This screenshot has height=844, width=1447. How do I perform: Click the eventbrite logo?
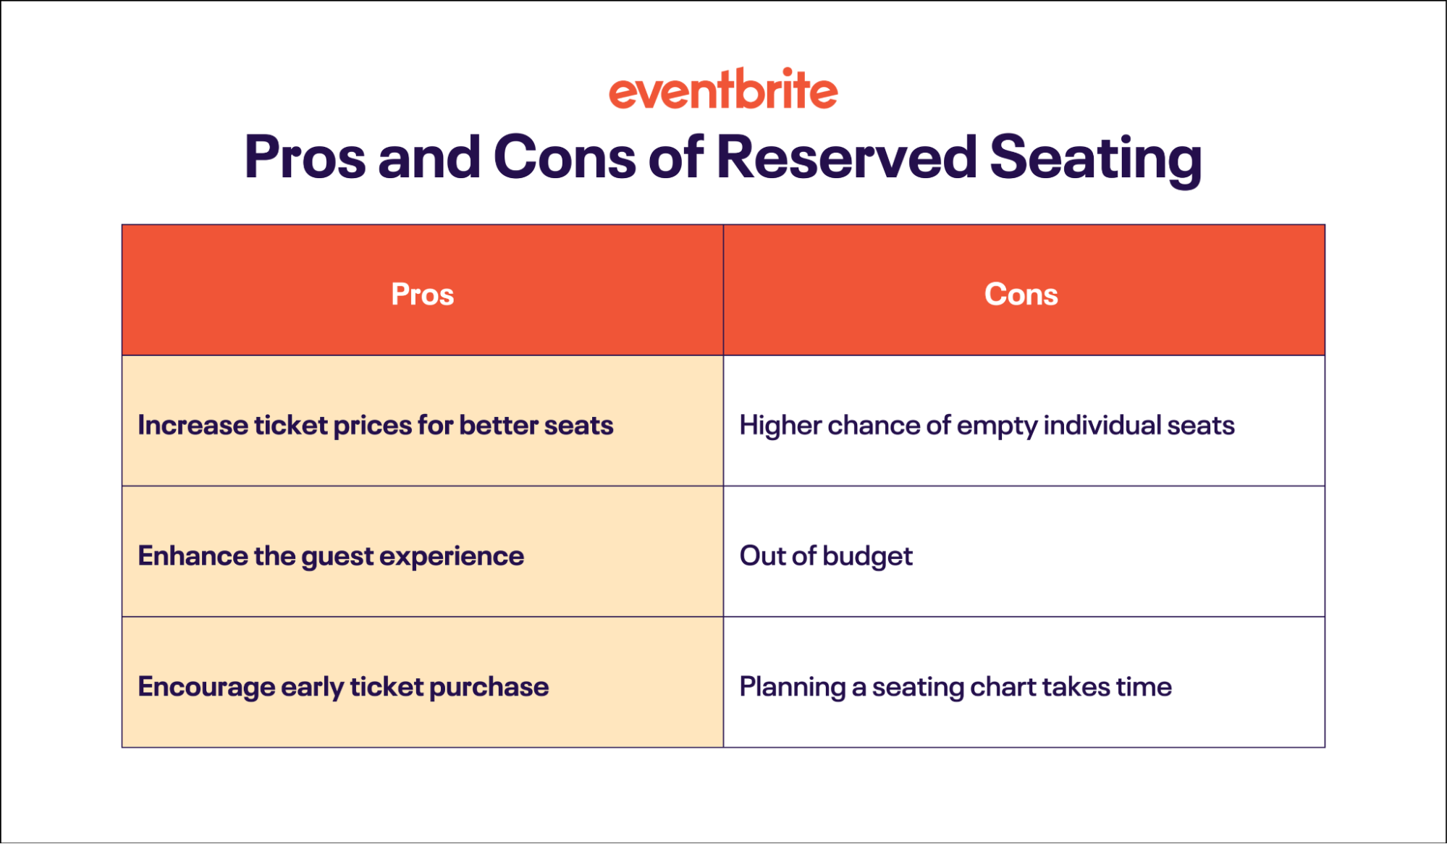pyautogui.click(x=722, y=90)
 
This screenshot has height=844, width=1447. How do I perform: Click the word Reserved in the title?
pyautogui.click(x=846, y=157)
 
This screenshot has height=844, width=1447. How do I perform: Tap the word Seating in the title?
pyautogui.click(x=1095, y=159)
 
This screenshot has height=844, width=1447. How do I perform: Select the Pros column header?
pyautogui.click(x=423, y=294)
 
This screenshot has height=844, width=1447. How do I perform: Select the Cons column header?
pyautogui.click(x=1021, y=294)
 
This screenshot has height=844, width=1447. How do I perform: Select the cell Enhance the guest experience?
pyautogui.click(x=331, y=556)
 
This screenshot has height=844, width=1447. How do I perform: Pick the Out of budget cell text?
pyautogui.click(x=826, y=556)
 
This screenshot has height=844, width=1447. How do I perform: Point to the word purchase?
pyautogui.click(x=489, y=687)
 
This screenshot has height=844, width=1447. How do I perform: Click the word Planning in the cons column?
pyautogui.click(x=792, y=687)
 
